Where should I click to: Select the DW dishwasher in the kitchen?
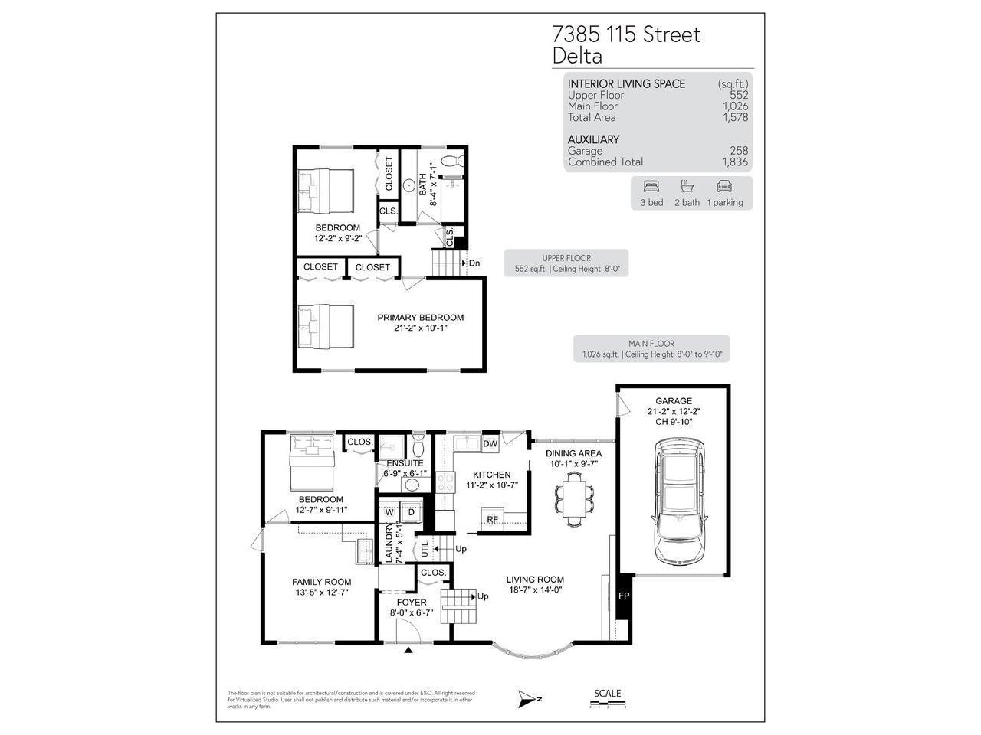click(x=490, y=443)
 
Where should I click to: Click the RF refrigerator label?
click(x=493, y=519)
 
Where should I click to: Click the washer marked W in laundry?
click(x=389, y=511)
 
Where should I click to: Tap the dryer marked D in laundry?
click(x=411, y=511)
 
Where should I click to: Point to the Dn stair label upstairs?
click(x=474, y=263)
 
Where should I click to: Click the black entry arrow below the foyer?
click(x=408, y=650)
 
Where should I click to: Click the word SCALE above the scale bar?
click(x=607, y=694)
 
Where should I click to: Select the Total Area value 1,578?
click(x=735, y=117)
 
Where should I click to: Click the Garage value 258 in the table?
click(x=740, y=151)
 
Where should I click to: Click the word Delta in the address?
click(x=577, y=56)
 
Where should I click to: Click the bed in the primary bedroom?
click(x=326, y=327)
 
